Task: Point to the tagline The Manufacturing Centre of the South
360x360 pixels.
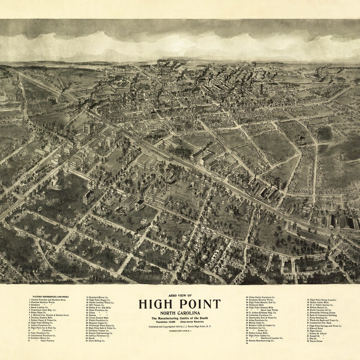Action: (x=180, y=319)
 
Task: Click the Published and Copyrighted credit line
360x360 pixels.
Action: (x=180, y=327)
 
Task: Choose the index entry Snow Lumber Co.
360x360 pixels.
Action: (x=40, y=307)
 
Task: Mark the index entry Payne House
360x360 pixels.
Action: (x=317, y=341)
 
